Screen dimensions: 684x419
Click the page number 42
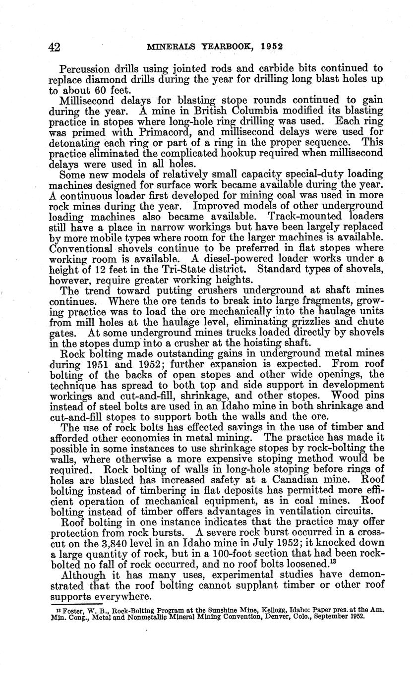coord(54,47)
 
